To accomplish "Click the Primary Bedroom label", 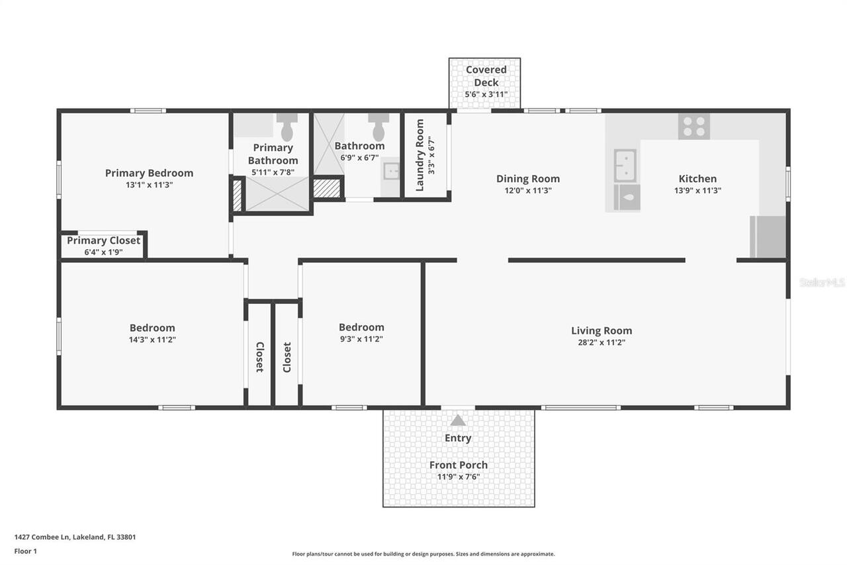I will pyautogui.click(x=149, y=173).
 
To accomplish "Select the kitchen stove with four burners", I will pyautogui.click(x=693, y=126).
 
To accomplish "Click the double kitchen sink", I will pyautogui.click(x=625, y=165).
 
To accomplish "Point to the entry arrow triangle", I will pyautogui.click(x=458, y=421).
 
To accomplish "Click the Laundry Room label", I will pyautogui.click(x=420, y=155).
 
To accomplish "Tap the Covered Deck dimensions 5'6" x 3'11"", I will pyautogui.click(x=486, y=95).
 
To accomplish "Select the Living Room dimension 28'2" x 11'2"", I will pyautogui.click(x=602, y=342).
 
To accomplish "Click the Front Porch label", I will pyautogui.click(x=458, y=465).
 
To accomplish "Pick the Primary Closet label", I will pyautogui.click(x=103, y=240).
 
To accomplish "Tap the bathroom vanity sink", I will pyautogui.click(x=391, y=171).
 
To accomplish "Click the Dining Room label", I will pyautogui.click(x=528, y=178).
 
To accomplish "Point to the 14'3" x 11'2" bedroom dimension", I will pyautogui.click(x=152, y=340).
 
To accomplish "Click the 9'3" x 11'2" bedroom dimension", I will pyautogui.click(x=361, y=339).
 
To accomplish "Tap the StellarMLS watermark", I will pyautogui.click(x=822, y=282).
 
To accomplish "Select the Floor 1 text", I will pyautogui.click(x=26, y=551).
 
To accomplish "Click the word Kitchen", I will pyautogui.click(x=697, y=178).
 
